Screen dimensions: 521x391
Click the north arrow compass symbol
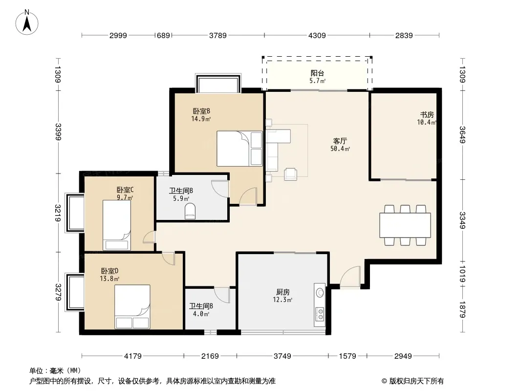27,22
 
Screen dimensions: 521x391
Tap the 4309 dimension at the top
317,35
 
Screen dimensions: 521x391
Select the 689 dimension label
163,35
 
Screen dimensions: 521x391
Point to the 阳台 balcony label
317,73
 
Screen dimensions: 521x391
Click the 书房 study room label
427,114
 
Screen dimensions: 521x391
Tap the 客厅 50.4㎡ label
340,145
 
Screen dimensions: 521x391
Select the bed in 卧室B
239,149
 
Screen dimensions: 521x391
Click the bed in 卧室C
117,225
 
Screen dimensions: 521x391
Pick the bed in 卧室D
132,306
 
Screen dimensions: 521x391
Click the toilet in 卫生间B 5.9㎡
190,211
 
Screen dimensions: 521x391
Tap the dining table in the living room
405,225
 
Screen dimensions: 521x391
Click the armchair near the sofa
291,174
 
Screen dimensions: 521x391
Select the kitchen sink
320,292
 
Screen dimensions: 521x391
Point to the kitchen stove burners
320,314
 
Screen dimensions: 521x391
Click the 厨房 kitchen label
283,292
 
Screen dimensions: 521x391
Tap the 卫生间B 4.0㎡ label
201,310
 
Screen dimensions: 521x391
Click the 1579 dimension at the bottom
347,356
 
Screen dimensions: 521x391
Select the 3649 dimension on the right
462,134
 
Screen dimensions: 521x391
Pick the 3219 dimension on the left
58,213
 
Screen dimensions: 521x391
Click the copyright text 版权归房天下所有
416,381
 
